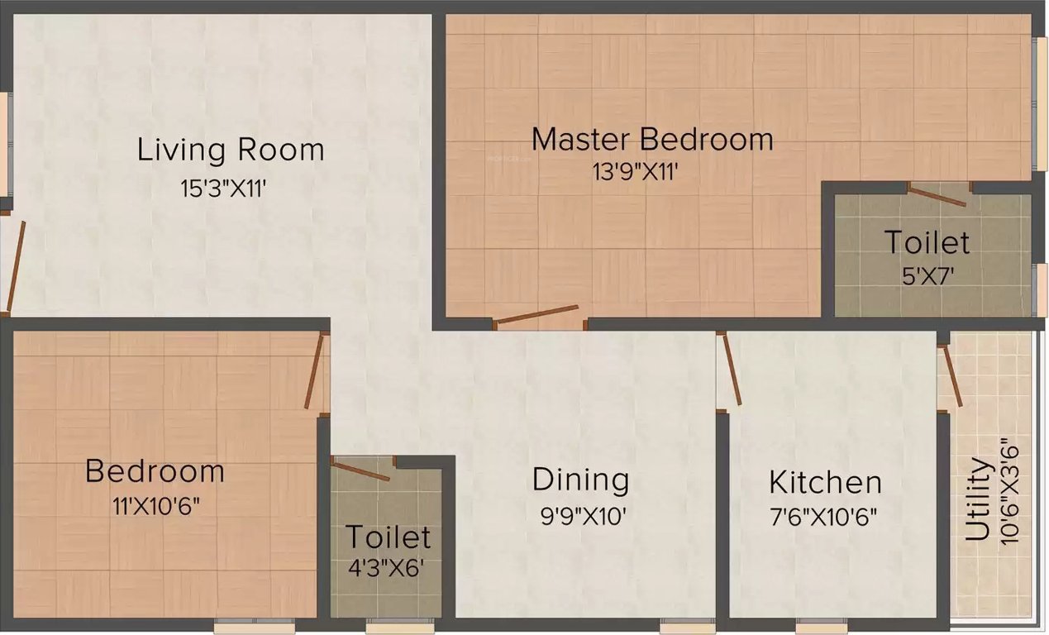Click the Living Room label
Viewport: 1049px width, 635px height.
point(230,150)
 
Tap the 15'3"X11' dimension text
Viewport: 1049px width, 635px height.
point(222,189)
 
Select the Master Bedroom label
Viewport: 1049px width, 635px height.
point(652,139)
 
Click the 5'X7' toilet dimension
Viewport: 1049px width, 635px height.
point(926,275)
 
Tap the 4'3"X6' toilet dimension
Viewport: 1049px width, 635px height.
point(387,569)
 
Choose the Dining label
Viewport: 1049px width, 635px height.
point(580,480)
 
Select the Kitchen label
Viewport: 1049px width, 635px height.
point(825,482)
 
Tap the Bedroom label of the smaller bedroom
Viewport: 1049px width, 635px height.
point(155,471)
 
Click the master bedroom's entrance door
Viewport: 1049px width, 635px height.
point(537,315)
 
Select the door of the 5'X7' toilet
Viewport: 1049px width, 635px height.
point(936,196)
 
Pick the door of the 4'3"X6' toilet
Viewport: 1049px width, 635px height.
point(360,470)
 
